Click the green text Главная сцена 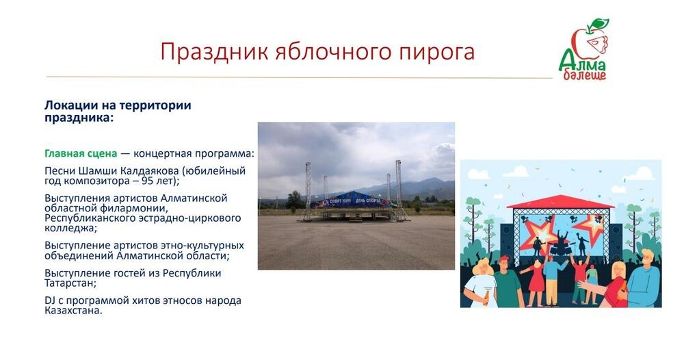(x=81, y=153)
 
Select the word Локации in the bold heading (x=70, y=105)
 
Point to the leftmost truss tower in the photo (x=308, y=190)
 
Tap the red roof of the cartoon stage (x=560, y=201)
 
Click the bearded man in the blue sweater (x=638, y=282)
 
